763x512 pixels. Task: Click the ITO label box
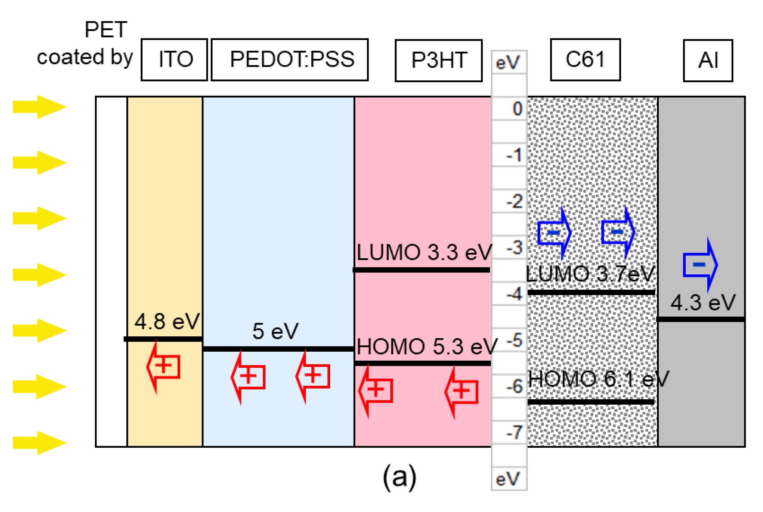click(174, 60)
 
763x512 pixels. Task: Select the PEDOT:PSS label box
click(290, 60)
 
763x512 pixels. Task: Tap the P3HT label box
click(438, 60)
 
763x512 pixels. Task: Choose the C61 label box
click(585, 60)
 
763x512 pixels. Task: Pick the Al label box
click(708, 60)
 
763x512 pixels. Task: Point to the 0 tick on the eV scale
click(517, 109)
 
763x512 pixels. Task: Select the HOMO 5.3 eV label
click(427, 347)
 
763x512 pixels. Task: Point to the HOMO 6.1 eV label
click(598, 379)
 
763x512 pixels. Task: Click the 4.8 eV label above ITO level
click(167, 322)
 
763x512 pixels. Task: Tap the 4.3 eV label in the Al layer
click(703, 303)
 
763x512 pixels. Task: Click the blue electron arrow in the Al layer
click(700, 265)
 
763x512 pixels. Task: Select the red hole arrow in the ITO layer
click(163, 367)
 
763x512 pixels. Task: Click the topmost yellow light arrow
click(39, 107)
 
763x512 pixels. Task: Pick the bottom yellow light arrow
click(39, 443)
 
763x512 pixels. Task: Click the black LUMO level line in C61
click(591, 292)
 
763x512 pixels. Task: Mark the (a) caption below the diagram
click(400, 477)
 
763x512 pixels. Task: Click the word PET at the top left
click(106, 30)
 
